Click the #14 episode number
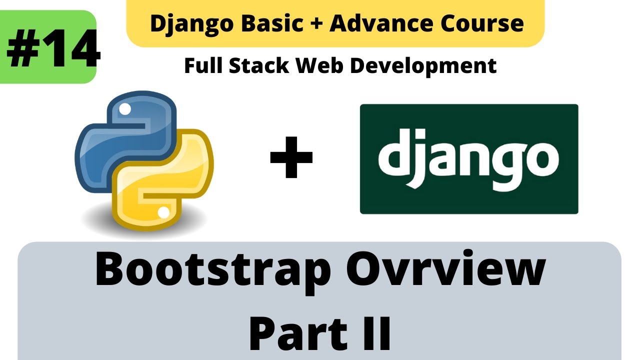point(53,48)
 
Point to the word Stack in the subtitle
point(260,65)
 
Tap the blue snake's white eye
point(126,108)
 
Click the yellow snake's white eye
point(163,212)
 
